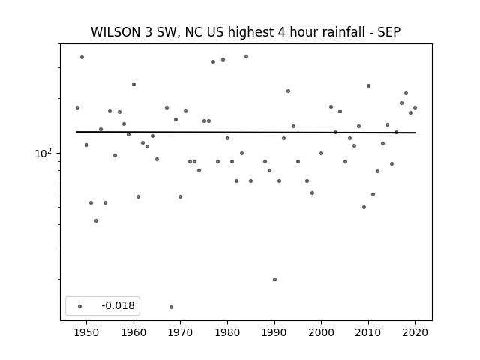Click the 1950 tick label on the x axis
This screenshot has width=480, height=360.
87,332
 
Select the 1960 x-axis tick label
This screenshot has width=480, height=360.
133,332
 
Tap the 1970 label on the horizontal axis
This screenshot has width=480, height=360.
180,332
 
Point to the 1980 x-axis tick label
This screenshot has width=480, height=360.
227,332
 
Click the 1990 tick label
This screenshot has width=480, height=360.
274,332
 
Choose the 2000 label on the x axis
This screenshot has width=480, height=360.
321,332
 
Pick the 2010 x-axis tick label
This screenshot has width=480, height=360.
368,332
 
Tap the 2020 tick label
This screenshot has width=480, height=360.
415,332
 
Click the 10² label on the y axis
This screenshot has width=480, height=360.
43,153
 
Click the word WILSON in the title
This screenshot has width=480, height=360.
116,32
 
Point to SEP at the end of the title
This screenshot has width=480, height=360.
389,32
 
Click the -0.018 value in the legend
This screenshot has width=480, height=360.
118,305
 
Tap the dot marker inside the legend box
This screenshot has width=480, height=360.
80,306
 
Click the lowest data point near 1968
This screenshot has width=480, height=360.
171,307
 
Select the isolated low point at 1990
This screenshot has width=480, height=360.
274,279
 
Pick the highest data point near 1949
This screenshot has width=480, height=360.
82,57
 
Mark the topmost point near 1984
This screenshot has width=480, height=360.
246,57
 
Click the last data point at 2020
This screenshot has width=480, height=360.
415,107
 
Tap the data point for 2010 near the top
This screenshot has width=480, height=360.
368,85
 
